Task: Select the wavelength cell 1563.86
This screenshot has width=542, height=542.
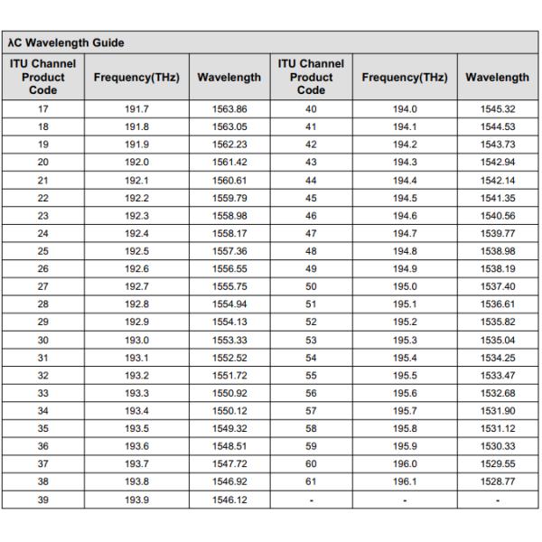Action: [229, 109]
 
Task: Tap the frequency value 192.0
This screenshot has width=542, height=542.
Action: [135, 162]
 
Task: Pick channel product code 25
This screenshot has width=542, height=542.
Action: [43, 249]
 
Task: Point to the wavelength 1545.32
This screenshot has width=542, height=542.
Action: [498, 109]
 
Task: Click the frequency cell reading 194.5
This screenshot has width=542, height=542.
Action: [404, 197]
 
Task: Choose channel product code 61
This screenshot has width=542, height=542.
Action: [312, 481]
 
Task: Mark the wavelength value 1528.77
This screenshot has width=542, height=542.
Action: [498, 481]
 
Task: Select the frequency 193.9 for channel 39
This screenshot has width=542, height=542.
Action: [135, 500]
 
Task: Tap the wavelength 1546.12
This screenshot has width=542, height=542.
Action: [229, 500]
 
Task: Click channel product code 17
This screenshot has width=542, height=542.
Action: [43, 109]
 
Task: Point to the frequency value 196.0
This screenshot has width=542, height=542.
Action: [404, 464]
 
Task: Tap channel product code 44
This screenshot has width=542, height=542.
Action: [312, 180]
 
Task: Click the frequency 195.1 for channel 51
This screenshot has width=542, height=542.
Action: [404, 303]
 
